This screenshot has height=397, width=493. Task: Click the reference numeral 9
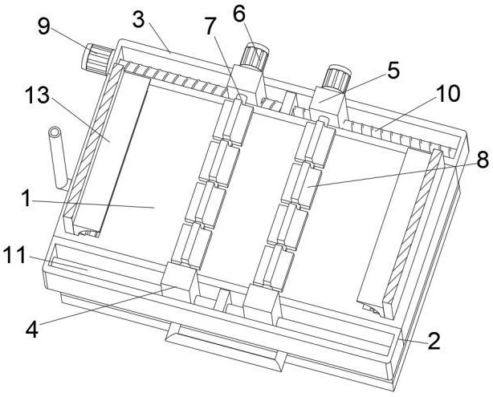tap(44, 26)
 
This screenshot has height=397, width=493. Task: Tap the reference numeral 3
tap(138, 19)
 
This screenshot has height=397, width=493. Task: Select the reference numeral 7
tap(210, 26)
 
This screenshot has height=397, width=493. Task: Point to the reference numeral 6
tap(239, 14)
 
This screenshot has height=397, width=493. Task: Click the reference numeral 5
tap(393, 71)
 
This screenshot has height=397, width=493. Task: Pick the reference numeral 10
tap(448, 94)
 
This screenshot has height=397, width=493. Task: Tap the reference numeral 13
tap(38, 95)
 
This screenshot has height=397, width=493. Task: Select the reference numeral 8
tap(483, 160)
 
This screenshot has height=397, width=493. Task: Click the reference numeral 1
tap(26, 199)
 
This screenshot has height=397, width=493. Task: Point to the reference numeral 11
tap(14, 255)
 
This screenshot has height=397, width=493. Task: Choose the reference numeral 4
tap(32, 330)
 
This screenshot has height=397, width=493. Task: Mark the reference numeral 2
tap(434, 342)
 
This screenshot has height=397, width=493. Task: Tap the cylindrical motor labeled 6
tap(254, 56)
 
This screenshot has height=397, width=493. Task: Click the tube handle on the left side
tap(58, 158)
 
